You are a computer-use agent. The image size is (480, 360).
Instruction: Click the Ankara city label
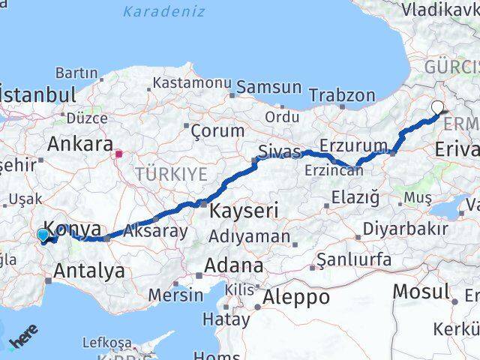coord(80,143)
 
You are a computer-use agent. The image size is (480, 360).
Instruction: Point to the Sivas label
coord(279,152)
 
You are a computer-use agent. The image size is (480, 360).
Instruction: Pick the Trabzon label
coord(341,95)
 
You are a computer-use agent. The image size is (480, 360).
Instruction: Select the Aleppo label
coord(298,297)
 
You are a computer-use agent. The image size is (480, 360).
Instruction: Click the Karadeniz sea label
coord(163,11)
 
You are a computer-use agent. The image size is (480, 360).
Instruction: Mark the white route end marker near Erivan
coord(437,107)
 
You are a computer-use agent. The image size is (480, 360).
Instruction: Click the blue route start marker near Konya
coord(43,235)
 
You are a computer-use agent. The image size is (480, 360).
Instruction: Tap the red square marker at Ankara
coord(118,154)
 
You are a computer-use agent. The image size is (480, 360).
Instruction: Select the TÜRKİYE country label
coord(170,175)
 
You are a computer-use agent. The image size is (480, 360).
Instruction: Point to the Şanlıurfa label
coord(354,259)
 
